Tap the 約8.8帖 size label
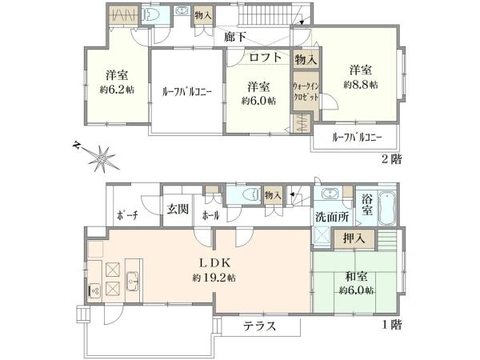[361, 84]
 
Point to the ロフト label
[265, 57]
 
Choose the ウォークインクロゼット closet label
[306, 90]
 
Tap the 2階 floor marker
[392, 158]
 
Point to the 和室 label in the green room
[357, 277]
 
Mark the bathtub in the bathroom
[387, 209]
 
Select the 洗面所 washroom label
[329, 216]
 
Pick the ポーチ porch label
[126, 216]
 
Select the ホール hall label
[212, 216]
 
